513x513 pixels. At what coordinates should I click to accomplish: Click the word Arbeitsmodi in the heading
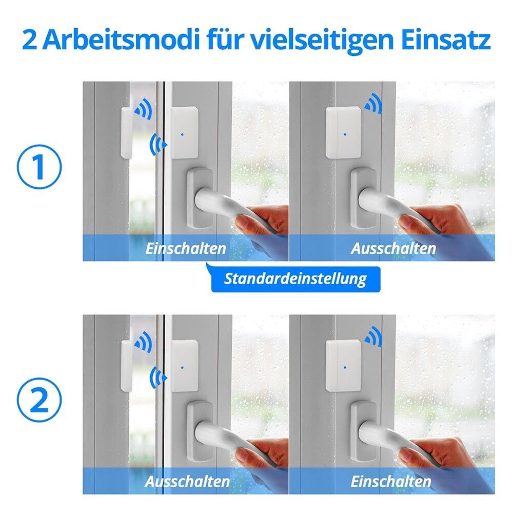[x=121, y=40]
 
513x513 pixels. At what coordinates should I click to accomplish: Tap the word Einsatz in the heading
[x=445, y=40]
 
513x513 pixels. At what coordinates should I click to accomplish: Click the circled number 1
[x=40, y=167]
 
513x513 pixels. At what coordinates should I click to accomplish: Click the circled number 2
[x=40, y=400]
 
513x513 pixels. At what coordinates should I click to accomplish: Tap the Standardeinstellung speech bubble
[x=295, y=279]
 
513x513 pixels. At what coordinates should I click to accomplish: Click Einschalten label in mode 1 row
[x=186, y=249]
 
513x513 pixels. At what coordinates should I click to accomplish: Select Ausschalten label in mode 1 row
[x=393, y=249]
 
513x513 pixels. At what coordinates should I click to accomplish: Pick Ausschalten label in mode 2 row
[x=187, y=482]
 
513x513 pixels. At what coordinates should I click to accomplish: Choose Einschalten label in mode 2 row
[x=390, y=482]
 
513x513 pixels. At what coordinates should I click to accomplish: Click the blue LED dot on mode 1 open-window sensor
[x=182, y=134]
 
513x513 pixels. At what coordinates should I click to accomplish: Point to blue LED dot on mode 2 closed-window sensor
[x=345, y=367]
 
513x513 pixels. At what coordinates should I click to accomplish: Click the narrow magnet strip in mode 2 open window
[x=126, y=365]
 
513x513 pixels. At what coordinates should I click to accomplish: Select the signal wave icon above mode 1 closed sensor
[x=373, y=104]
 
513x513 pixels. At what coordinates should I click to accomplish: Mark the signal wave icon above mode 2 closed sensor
[x=373, y=337]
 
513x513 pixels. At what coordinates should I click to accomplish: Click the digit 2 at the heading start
[x=30, y=41]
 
